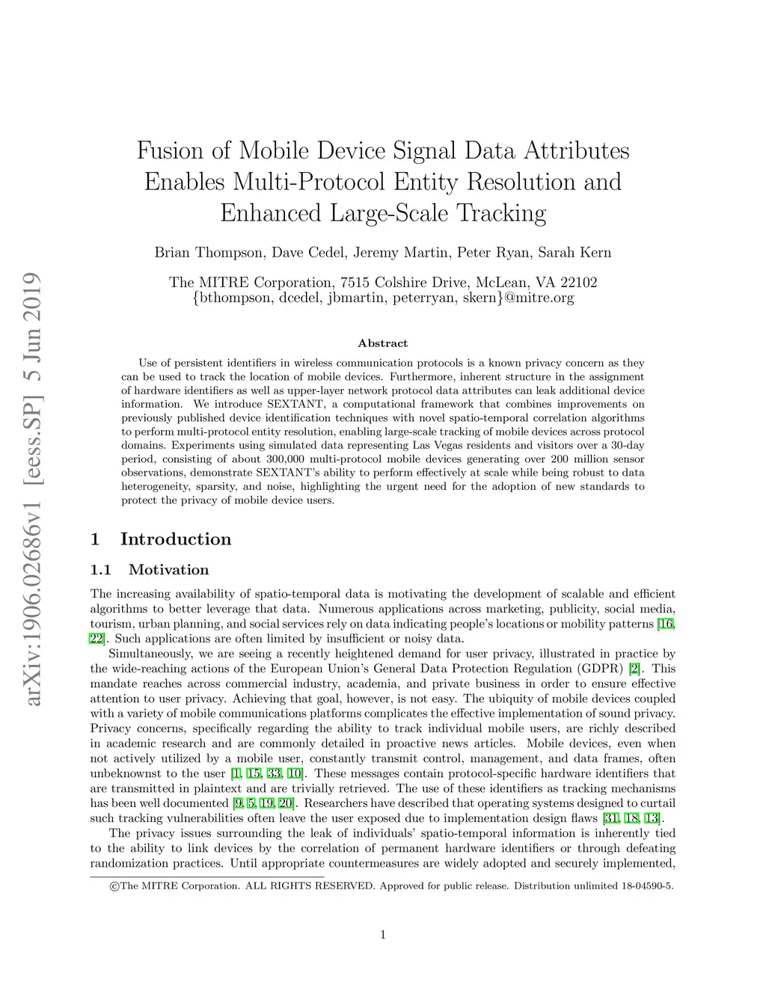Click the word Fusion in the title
(x=170, y=151)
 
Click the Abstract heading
(x=382, y=343)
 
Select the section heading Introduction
(x=176, y=539)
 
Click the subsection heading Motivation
(x=168, y=570)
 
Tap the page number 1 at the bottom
(x=383, y=934)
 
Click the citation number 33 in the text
(x=274, y=773)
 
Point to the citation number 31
(x=610, y=818)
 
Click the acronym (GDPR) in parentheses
(x=601, y=669)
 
